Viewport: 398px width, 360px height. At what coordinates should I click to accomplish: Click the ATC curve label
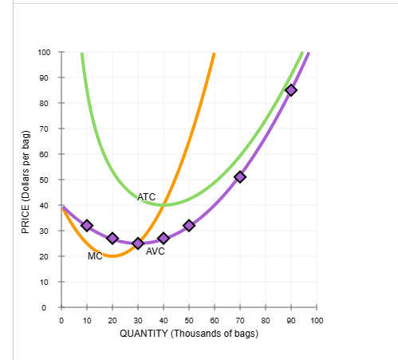pyautogui.click(x=147, y=196)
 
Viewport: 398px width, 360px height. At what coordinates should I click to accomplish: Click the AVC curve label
pyautogui.click(x=156, y=251)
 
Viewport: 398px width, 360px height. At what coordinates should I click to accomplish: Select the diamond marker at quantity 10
pyautogui.click(x=87, y=226)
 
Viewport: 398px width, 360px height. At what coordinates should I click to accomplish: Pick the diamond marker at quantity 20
pyautogui.click(x=112, y=238)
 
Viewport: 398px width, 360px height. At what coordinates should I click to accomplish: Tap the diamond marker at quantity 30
pyautogui.click(x=138, y=243)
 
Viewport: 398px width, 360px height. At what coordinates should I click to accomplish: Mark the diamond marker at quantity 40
pyautogui.click(x=164, y=238)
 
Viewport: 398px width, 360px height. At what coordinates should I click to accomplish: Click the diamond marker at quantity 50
pyautogui.click(x=189, y=226)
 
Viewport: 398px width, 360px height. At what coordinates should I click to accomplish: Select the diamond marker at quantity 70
pyautogui.click(x=240, y=177)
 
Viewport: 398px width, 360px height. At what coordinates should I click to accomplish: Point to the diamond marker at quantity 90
pyautogui.click(x=291, y=89)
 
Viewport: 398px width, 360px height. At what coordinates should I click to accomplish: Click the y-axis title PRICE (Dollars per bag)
pyautogui.click(x=26, y=180)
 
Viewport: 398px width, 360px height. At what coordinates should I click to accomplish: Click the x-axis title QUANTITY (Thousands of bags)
pyautogui.click(x=189, y=334)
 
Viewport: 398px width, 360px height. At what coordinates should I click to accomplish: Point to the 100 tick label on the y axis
pyautogui.click(x=44, y=53)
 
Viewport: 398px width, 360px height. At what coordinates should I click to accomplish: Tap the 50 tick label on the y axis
pyautogui.click(x=46, y=180)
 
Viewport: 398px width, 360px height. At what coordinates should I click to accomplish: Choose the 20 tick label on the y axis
pyautogui.click(x=46, y=257)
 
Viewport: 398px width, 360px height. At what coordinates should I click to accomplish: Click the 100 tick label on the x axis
pyautogui.click(x=317, y=320)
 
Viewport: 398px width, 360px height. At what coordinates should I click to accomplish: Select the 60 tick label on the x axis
pyautogui.click(x=215, y=320)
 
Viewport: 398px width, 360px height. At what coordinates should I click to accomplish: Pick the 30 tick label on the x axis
pyautogui.click(x=138, y=320)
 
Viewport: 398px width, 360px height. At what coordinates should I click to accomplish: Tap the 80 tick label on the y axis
pyautogui.click(x=46, y=104)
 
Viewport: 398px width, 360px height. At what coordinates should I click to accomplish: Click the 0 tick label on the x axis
pyautogui.click(x=61, y=320)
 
